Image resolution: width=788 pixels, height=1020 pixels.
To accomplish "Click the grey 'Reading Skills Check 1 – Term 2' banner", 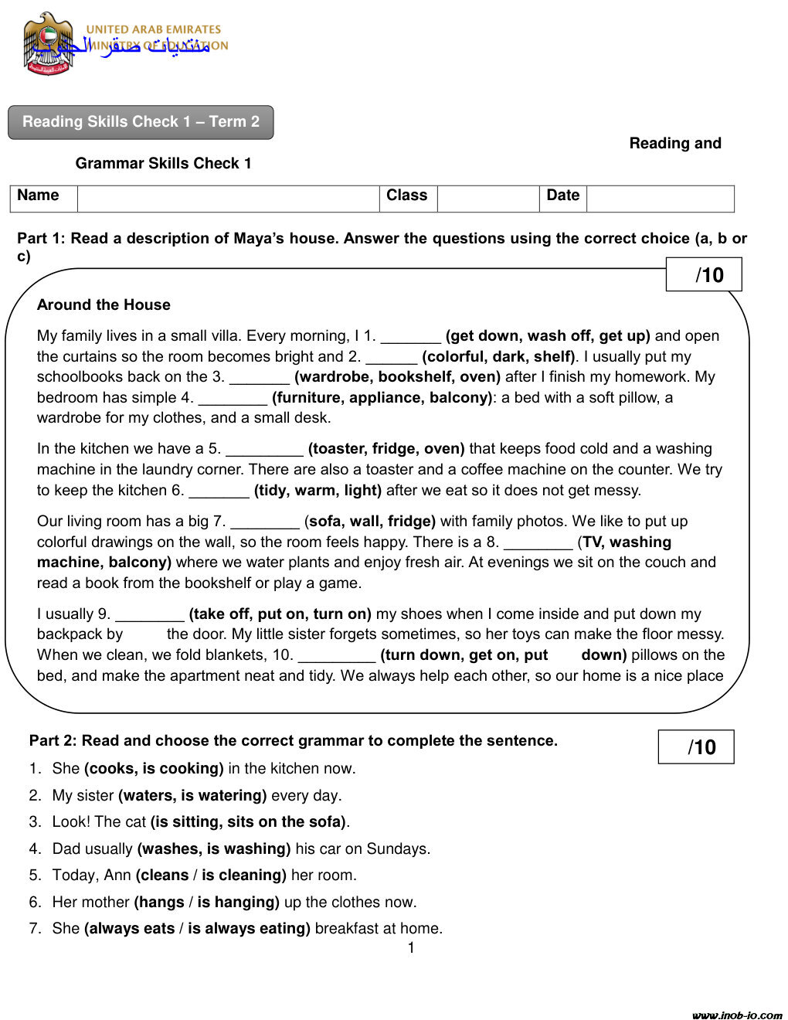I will click(141, 122).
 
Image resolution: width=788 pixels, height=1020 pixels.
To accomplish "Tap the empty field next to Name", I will click(228, 199).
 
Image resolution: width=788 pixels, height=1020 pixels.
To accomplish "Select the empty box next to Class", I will click(487, 199).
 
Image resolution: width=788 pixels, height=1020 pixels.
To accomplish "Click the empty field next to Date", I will click(660, 199).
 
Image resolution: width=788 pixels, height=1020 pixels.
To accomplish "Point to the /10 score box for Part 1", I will click(704, 275).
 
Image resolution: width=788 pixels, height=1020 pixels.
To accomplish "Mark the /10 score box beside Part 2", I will click(696, 747).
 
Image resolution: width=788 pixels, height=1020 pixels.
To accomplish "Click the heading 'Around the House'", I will click(104, 305).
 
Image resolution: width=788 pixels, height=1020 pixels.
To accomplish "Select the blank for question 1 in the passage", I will click(410, 337).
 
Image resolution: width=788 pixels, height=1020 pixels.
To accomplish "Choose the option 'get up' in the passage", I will click(624, 336).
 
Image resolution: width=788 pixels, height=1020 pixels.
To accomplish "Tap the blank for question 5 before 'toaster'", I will click(264, 450).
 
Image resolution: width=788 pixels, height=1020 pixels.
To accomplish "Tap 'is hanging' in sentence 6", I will click(238, 903).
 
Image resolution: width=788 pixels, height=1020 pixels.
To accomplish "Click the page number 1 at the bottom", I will click(411, 948).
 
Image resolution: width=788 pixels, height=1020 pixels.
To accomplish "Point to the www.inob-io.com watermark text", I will click(737, 1015).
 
